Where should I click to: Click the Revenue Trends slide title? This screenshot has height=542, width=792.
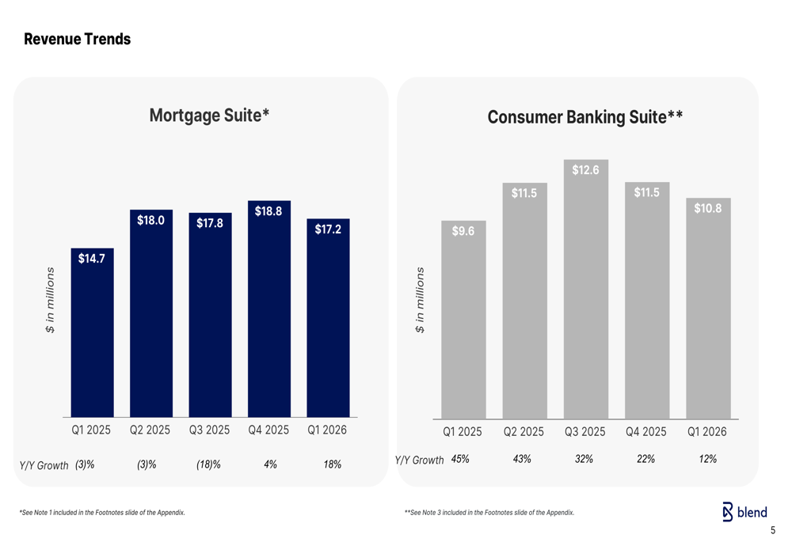pyautogui.click(x=78, y=39)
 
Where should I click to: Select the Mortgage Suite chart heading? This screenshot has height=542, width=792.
pyautogui.click(x=209, y=116)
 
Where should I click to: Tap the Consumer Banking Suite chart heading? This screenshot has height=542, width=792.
pyautogui.click(x=585, y=117)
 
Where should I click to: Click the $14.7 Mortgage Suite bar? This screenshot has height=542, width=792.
pyautogui.click(x=93, y=332)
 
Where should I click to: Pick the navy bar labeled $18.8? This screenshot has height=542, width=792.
pyautogui.click(x=269, y=309)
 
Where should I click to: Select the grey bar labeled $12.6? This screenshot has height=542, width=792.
pyautogui.click(x=586, y=289)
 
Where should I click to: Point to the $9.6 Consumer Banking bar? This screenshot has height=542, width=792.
pyautogui.click(x=463, y=320)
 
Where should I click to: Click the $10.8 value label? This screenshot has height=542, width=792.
pyautogui.click(x=707, y=208)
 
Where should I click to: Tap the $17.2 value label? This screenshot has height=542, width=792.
pyautogui.click(x=328, y=229)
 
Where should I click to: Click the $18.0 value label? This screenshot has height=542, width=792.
pyautogui.click(x=150, y=220)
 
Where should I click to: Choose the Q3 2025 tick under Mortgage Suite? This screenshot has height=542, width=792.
pyautogui.click(x=209, y=430)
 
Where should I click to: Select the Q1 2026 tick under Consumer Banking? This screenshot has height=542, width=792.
pyautogui.click(x=707, y=432)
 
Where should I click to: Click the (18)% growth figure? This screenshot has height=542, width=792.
pyautogui.click(x=208, y=464)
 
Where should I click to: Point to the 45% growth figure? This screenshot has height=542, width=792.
pyautogui.click(x=460, y=459)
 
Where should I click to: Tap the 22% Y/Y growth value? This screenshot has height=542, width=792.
pyautogui.click(x=645, y=459)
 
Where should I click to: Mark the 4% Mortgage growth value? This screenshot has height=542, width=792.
pyautogui.click(x=270, y=464)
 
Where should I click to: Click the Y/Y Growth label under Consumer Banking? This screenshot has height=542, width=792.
pyautogui.click(x=419, y=461)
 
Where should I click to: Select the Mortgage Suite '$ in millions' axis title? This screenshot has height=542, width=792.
pyautogui.click(x=50, y=300)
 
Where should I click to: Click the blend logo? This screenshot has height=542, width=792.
pyautogui.click(x=744, y=512)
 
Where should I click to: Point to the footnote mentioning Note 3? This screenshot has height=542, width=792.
pyautogui.click(x=489, y=513)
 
